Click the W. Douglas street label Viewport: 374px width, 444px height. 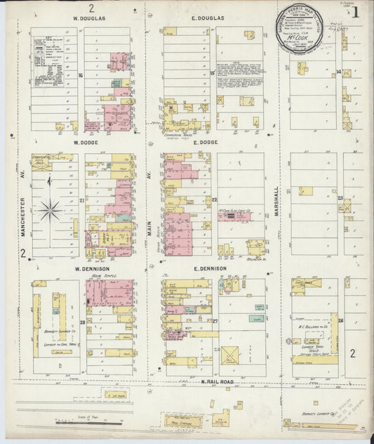pyautogui.click(x=84, y=18)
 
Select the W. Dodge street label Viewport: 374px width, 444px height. pyautogui.click(x=84, y=141)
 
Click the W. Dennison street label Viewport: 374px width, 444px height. pyautogui.click(x=89, y=268)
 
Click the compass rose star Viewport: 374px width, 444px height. pyautogui.click(x=50, y=208)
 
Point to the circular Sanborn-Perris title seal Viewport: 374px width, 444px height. pyautogui.click(x=296, y=32)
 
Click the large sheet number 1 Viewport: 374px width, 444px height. pyautogui.click(x=357, y=12)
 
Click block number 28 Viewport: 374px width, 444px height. pyautogui.click(x=82, y=322)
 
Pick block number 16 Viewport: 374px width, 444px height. pyautogui.click(x=81, y=74)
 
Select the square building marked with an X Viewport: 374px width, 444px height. pyautogui.click(x=229, y=355)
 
